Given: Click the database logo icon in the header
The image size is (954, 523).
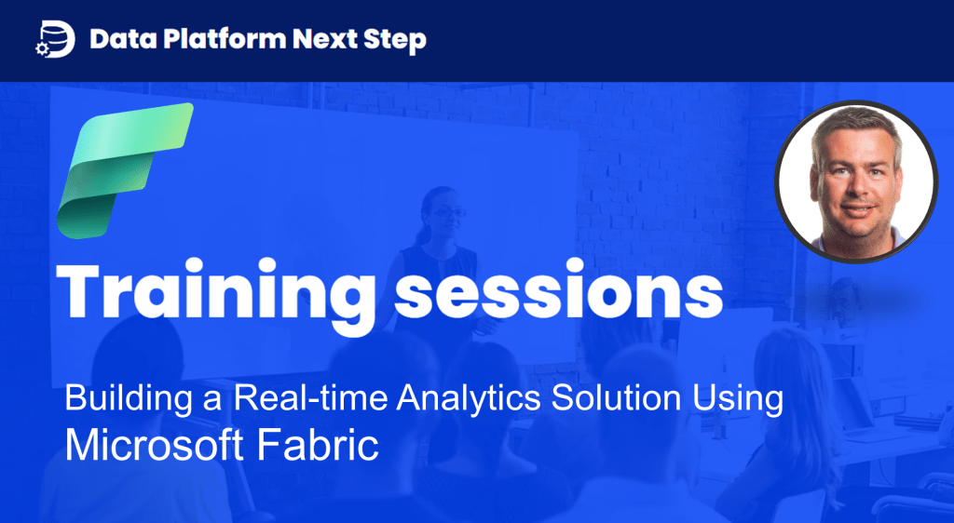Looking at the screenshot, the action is click(x=55, y=39).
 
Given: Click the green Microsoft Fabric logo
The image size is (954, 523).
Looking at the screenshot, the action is click(x=125, y=170).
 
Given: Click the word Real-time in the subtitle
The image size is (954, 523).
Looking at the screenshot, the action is click(x=311, y=398).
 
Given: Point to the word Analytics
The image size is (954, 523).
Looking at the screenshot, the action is click(x=469, y=399).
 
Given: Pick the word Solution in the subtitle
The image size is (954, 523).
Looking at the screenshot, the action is click(x=617, y=398).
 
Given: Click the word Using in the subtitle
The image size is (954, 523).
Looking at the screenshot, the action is click(x=738, y=399).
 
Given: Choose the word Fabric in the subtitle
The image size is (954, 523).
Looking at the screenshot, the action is click(x=319, y=445).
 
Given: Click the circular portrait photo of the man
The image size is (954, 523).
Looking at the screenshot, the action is click(x=856, y=181).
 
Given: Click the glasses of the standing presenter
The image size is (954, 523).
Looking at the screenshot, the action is click(x=448, y=212).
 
